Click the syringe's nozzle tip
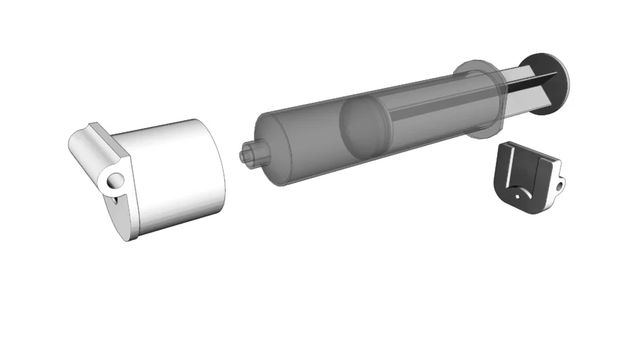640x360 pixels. coord(247,155)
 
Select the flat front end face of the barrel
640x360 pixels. coord(266,151)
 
